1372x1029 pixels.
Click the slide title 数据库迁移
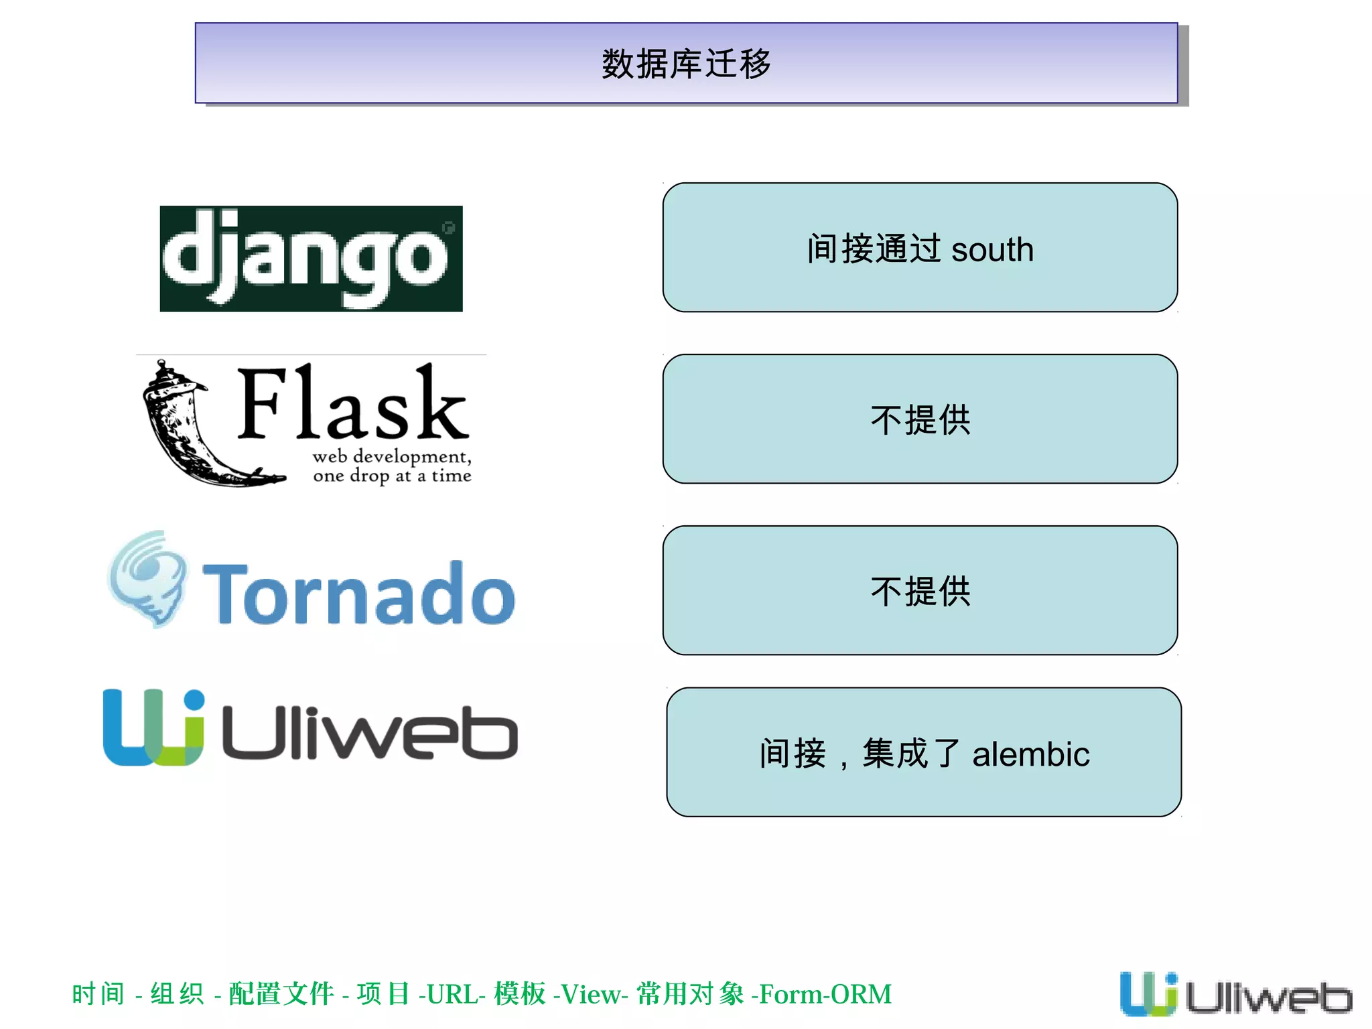click(x=686, y=64)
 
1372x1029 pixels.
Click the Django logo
click(x=311, y=259)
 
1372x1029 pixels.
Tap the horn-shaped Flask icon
click(x=194, y=425)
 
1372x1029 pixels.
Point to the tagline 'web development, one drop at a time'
click(x=392, y=466)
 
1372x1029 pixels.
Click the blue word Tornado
click(x=359, y=594)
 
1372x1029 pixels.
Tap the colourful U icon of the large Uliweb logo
click(x=153, y=728)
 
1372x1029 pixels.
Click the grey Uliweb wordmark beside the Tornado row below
click(x=370, y=733)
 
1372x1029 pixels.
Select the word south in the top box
click(x=992, y=250)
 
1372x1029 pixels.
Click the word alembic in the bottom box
click(x=1030, y=754)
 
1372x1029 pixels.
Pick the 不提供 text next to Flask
click(x=920, y=420)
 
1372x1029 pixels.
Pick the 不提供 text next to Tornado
click(x=920, y=592)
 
